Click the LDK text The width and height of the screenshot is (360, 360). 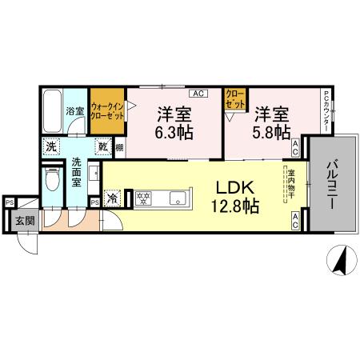pyautogui.click(x=233, y=189)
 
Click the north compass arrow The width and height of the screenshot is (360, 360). pyautogui.click(x=339, y=261)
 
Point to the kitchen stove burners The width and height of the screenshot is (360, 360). pyautogui.click(x=145, y=198)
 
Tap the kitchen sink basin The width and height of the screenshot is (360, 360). pyautogui.click(x=176, y=198)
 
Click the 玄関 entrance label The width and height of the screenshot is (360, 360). pyautogui.click(x=25, y=221)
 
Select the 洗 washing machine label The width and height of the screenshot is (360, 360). pyautogui.click(x=50, y=147)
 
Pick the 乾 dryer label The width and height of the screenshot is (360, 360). pyautogui.click(x=103, y=147)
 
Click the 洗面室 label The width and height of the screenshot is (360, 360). pyautogui.click(x=77, y=171)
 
